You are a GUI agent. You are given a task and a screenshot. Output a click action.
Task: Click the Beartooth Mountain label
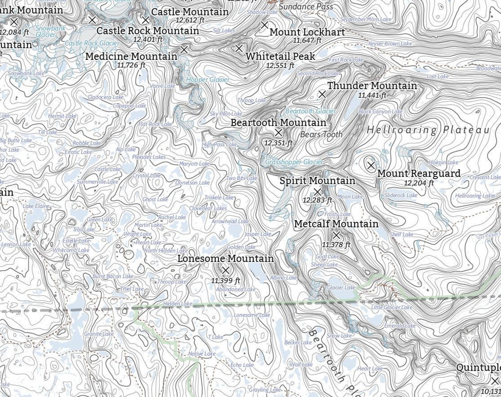click(x=278, y=122)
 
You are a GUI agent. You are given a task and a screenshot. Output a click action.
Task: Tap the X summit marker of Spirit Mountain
click(x=317, y=191)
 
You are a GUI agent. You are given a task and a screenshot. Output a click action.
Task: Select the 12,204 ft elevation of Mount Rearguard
click(x=418, y=183)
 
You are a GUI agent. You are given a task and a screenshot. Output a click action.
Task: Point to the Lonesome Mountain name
click(x=225, y=259)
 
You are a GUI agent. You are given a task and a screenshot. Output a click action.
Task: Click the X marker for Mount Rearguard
click(x=371, y=165)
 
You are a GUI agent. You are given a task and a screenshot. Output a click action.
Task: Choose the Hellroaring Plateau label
click(x=428, y=130)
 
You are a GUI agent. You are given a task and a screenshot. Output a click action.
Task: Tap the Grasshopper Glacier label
click(x=294, y=162)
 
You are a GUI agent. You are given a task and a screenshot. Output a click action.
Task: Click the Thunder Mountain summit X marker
click(x=322, y=94)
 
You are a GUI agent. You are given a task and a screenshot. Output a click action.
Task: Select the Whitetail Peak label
click(x=280, y=56)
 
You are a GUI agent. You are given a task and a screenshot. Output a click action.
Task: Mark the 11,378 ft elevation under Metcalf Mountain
click(x=336, y=245)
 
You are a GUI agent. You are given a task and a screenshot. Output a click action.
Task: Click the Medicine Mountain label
click(x=131, y=56)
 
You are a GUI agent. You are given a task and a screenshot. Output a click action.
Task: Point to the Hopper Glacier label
click(x=207, y=80)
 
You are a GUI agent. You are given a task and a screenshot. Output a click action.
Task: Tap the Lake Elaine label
click(x=36, y=206)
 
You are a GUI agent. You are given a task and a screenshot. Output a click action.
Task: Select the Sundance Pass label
click(x=305, y=7)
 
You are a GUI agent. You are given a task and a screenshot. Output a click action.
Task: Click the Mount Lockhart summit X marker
click(x=265, y=25)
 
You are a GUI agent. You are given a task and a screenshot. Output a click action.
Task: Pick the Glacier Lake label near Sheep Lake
click(x=341, y=287)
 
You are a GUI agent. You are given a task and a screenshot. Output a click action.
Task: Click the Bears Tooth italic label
click(x=321, y=135)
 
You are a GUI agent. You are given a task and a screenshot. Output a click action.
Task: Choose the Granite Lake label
click(x=99, y=334)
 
